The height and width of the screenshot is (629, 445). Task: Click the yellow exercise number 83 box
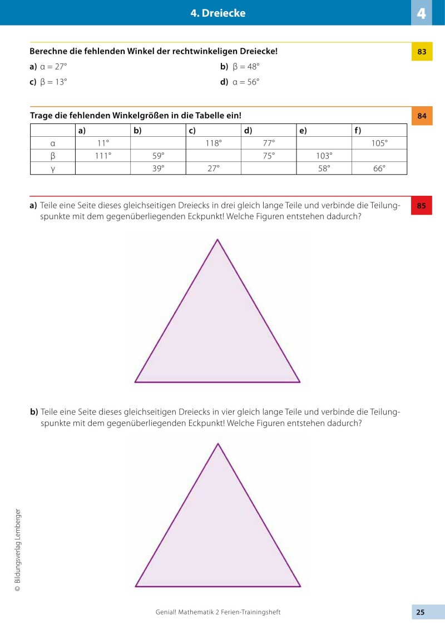tap(422, 52)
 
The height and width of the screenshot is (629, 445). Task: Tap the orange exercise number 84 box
tap(422, 116)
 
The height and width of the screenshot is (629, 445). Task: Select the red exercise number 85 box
tap(422, 206)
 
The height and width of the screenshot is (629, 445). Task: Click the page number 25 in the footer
tap(421, 612)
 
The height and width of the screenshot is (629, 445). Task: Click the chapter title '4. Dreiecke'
tap(217, 13)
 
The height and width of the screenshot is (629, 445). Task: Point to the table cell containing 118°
tap(213, 143)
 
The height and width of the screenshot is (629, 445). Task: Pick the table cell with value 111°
tap(102, 156)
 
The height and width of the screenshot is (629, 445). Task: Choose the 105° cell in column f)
tap(379, 143)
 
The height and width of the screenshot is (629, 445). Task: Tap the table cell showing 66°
tap(379, 169)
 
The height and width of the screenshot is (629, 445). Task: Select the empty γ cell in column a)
tap(102, 169)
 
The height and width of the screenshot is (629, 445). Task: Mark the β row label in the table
tap(52, 156)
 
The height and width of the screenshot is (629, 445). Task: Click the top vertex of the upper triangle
tap(217, 240)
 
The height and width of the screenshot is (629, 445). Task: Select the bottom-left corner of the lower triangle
tap(136, 586)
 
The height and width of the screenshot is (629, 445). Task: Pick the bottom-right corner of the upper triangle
tap(299, 382)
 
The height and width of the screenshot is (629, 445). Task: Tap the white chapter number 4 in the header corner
tap(422, 13)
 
